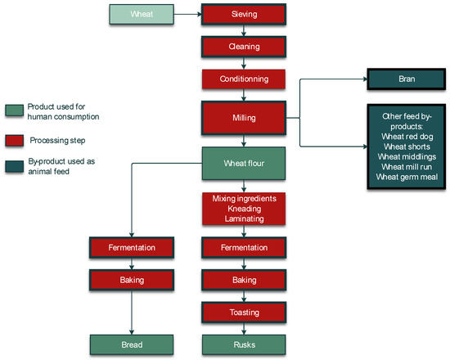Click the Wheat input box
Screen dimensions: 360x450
coord(142,13)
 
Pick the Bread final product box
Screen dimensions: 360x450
coord(132,344)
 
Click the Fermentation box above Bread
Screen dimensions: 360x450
coord(132,246)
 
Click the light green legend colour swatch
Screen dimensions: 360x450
coord(13,110)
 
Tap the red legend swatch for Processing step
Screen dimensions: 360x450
coord(13,140)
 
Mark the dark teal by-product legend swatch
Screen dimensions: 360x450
coord(13,166)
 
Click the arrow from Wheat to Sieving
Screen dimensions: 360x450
coord(189,14)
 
